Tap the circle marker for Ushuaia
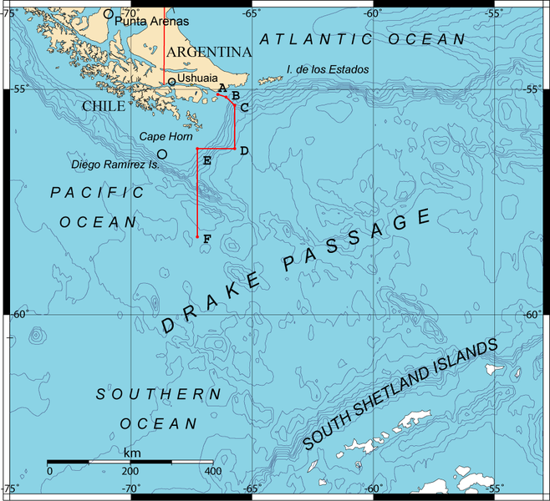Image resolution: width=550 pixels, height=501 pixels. [x=171, y=81]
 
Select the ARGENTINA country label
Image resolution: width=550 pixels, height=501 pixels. [x=208, y=52]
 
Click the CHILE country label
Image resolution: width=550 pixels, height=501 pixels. [x=104, y=106]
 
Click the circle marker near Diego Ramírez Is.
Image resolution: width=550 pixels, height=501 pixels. [x=162, y=154]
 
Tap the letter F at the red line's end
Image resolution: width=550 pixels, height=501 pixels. [x=206, y=240]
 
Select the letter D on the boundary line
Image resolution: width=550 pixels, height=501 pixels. [x=243, y=151]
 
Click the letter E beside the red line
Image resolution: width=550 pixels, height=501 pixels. [x=206, y=159]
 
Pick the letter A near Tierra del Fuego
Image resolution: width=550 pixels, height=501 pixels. [x=222, y=88]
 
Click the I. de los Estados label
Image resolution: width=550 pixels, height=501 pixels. [x=327, y=68]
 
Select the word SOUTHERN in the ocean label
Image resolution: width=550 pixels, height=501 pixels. [x=158, y=394]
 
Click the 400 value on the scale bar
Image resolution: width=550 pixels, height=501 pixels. [x=212, y=472]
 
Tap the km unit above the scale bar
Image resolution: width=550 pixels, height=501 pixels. [x=131, y=452]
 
